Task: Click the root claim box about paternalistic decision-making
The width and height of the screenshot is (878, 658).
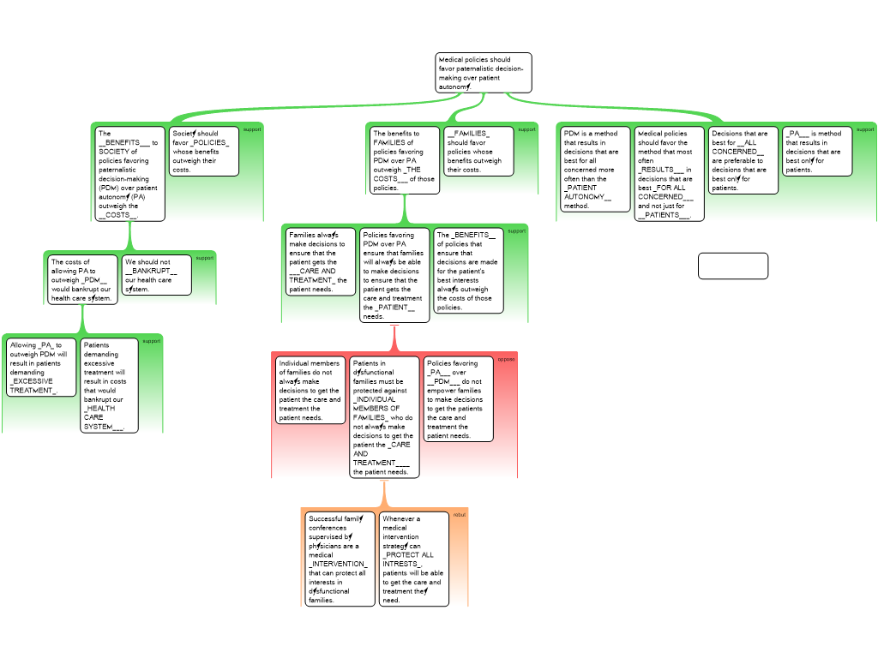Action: coord(484,73)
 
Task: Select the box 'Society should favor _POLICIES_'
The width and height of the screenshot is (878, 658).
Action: coord(203,152)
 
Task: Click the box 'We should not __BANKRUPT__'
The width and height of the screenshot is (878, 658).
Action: coord(157,275)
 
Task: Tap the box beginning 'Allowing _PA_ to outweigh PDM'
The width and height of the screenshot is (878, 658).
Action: coord(40,368)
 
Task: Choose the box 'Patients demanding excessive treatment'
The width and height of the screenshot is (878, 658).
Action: coord(109,386)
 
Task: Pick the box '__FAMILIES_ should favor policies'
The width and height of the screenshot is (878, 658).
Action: coord(478,152)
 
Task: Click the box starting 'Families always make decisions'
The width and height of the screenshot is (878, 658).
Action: coord(321,261)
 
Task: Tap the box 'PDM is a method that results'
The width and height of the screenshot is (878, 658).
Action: coord(594,169)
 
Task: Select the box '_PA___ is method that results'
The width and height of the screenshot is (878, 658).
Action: coord(817,152)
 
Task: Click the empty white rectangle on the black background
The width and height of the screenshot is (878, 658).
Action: coord(732,266)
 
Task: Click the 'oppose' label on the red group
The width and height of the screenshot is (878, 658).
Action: coord(506,359)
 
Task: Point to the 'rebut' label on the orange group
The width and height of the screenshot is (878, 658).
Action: coord(460,515)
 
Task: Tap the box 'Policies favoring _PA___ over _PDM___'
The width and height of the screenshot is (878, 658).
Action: coord(459,399)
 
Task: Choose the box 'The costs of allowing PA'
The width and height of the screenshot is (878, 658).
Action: coord(82,280)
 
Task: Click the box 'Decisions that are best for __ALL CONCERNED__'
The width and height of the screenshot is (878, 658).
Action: coord(743,160)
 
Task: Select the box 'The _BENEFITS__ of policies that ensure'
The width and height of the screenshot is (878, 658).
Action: coord(468,271)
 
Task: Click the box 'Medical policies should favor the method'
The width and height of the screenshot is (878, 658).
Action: coord(669,174)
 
